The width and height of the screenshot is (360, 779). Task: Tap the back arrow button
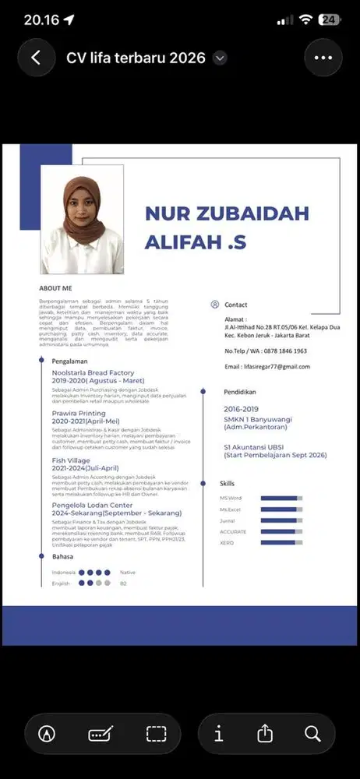point(36,58)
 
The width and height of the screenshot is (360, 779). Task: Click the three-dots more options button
point(323,58)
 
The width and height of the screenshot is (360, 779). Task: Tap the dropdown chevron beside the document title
point(221,58)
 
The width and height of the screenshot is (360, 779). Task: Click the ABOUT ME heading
point(55,287)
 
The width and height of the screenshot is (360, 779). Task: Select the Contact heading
point(235,305)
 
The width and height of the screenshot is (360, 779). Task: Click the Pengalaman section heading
point(69,361)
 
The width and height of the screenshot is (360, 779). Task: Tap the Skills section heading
point(227,484)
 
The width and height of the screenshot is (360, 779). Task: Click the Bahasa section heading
point(62,557)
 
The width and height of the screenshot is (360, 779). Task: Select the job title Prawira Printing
point(79,413)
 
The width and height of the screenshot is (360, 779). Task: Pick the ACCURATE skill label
point(233,531)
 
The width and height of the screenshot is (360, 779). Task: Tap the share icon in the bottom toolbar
point(265,733)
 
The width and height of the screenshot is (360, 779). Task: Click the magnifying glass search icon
point(312,733)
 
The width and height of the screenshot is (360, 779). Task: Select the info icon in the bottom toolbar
point(219,733)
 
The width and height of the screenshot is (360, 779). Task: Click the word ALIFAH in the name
point(184,242)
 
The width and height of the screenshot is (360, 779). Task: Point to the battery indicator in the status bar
point(330,20)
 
